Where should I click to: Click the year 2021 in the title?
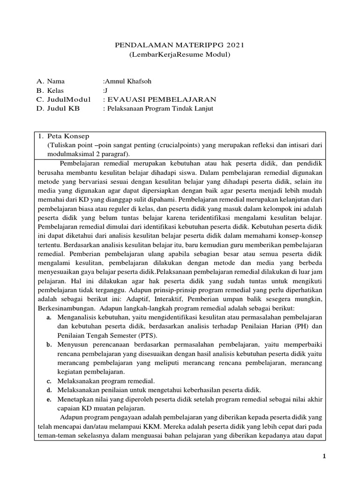point(234,45)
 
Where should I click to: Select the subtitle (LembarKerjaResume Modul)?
point(180,55)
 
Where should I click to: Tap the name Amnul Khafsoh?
point(127,81)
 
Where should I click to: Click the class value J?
point(105,90)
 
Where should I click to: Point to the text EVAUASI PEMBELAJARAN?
point(161,99)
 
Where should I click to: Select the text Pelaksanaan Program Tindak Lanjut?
point(153,108)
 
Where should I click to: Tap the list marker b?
point(49,345)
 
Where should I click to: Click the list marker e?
point(49,399)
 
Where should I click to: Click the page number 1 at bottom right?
point(324,456)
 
